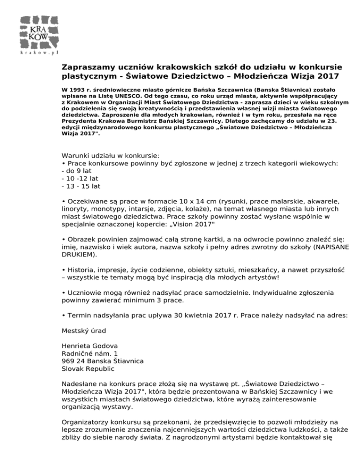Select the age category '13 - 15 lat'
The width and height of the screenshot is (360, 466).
click(81, 186)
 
